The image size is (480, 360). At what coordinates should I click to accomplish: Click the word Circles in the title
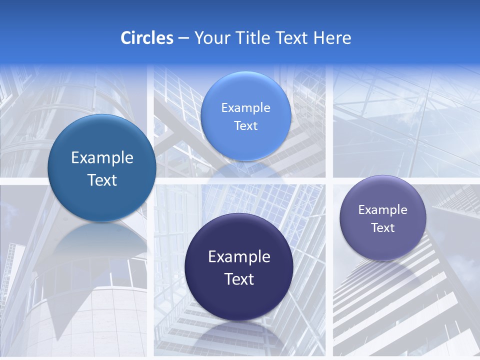pyautogui.click(x=146, y=37)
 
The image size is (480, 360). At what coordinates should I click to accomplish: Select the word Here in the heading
pyautogui.click(x=332, y=37)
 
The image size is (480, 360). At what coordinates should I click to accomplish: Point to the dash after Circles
pyautogui.click(x=183, y=38)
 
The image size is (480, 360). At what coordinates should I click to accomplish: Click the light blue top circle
pyautogui.click(x=245, y=116)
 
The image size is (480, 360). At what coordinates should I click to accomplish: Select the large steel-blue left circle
pyautogui.click(x=102, y=168)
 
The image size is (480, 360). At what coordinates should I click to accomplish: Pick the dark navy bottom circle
pyautogui.click(x=239, y=267)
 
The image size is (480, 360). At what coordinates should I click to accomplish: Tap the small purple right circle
pyautogui.click(x=383, y=218)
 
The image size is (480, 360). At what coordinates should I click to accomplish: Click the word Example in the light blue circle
pyautogui.click(x=245, y=107)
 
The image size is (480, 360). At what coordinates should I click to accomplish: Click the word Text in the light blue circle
pyautogui.click(x=245, y=125)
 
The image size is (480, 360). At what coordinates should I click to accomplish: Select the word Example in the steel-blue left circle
pyautogui.click(x=102, y=158)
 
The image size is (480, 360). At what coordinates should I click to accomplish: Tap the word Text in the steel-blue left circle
pyautogui.click(x=102, y=180)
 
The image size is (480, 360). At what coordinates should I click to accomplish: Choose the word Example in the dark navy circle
pyautogui.click(x=239, y=257)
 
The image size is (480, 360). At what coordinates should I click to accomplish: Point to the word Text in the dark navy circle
pyautogui.click(x=239, y=279)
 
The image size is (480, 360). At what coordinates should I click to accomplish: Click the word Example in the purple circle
pyautogui.click(x=383, y=209)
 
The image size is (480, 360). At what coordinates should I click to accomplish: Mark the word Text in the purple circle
pyautogui.click(x=383, y=227)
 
